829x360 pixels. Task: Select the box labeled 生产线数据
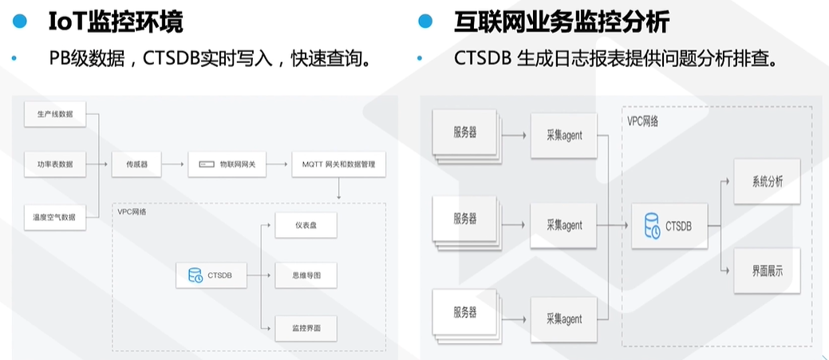tap(55, 114)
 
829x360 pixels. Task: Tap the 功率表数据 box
tap(55, 164)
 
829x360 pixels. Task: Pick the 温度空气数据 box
tap(55, 216)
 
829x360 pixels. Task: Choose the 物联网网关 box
tap(227, 164)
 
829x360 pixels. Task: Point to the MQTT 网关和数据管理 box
tap(338, 164)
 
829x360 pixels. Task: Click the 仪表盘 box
tap(306, 226)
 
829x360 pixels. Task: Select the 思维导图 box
tap(306, 276)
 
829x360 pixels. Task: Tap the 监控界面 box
tap(306, 327)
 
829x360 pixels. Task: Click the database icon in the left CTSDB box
tap(195, 275)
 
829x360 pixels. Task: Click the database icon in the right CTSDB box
tap(652, 226)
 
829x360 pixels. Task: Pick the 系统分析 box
tap(767, 181)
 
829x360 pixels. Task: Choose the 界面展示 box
tap(767, 271)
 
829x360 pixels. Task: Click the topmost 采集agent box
tap(564, 136)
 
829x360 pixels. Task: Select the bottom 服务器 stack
tap(465, 312)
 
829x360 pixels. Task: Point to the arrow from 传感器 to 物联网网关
tap(176, 164)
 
